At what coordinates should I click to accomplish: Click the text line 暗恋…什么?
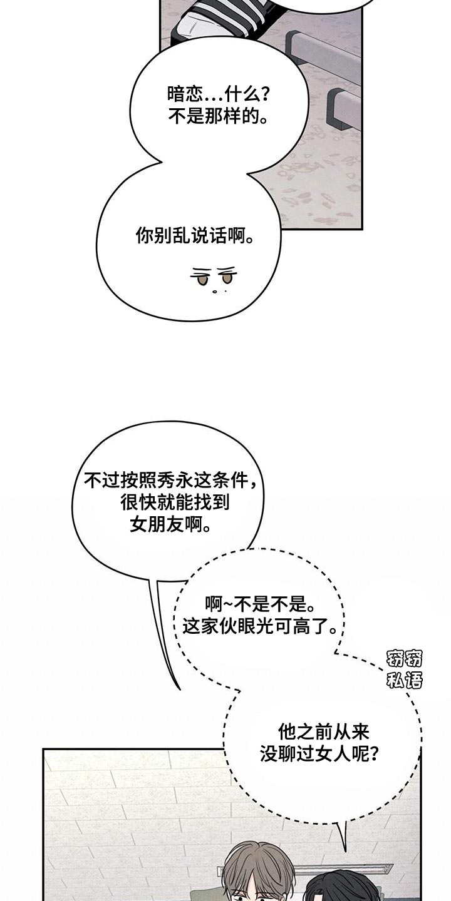(x=219, y=95)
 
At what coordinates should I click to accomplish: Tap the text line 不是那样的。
(x=219, y=116)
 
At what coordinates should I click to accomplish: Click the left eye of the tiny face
(x=202, y=280)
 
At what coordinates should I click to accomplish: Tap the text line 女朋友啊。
(x=170, y=524)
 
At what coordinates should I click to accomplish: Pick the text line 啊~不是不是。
(x=259, y=604)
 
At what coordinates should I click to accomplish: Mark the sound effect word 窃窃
(x=404, y=659)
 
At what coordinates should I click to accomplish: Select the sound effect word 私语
(x=404, y=680)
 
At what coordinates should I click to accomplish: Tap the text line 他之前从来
(x=323, y=731)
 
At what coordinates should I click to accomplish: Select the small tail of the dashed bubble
(x=341, y=832)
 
